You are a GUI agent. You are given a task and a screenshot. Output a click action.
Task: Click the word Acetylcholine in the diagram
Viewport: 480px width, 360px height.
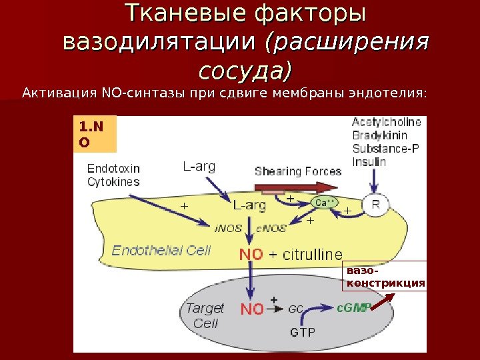[386, 123]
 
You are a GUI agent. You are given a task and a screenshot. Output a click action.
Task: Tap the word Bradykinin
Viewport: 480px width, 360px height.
[378, 135]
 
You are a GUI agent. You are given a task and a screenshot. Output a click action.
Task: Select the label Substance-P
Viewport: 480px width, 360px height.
[385, 148]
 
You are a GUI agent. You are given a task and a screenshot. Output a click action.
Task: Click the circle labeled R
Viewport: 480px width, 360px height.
[375, 205]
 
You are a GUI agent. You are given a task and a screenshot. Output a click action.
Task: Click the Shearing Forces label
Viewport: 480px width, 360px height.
[298, 171]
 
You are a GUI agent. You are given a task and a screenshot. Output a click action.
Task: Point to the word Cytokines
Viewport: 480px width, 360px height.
[113, 181]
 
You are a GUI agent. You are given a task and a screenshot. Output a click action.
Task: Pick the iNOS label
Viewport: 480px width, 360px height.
[229, 227]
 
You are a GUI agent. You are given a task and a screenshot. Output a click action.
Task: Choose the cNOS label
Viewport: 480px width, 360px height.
[271, 227]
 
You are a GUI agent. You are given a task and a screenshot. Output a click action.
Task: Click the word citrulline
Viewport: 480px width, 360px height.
[311, 255]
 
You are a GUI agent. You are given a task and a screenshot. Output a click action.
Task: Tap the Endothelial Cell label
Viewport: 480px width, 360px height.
[161, 251]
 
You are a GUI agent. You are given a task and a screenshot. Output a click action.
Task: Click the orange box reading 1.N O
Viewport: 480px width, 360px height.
[95, 133]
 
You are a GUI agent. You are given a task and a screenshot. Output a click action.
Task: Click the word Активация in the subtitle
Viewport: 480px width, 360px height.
[59, 91]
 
